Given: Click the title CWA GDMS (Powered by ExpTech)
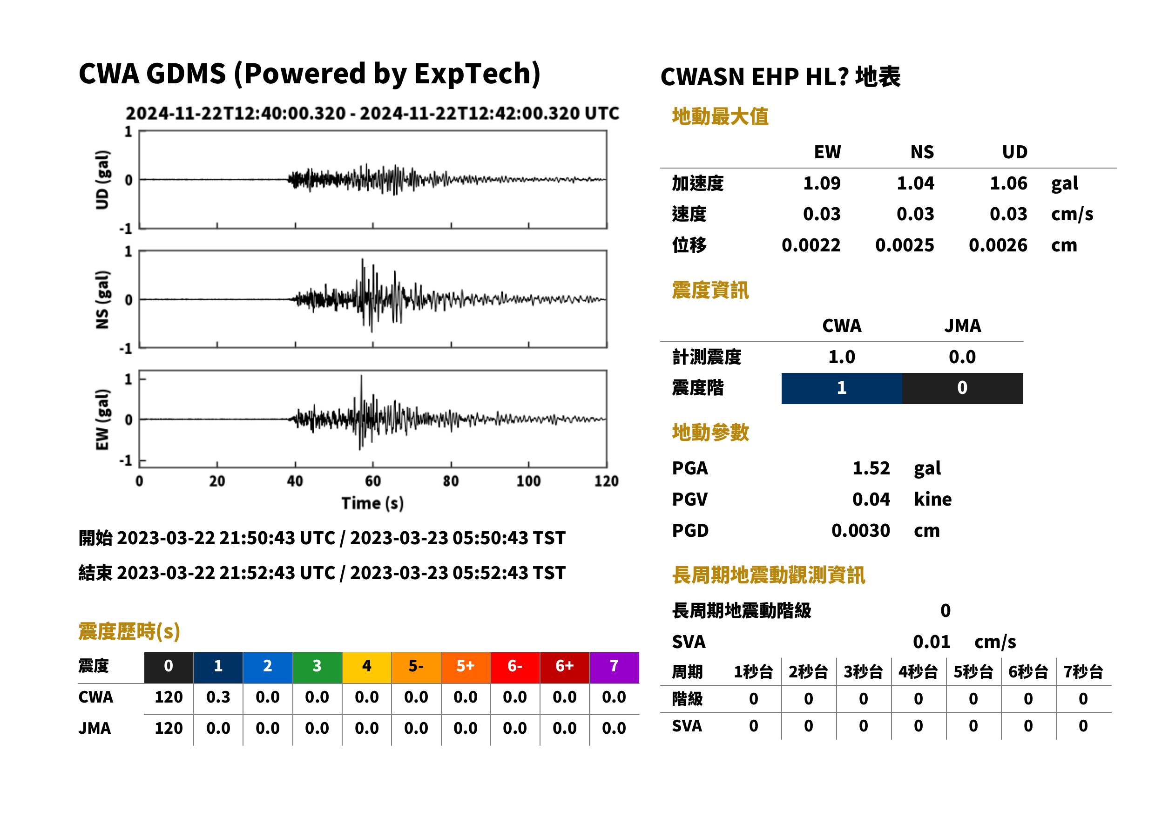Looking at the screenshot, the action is [x=309, y=74].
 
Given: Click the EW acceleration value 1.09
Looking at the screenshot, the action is [x=821, y=183].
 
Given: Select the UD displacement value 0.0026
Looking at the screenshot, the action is [x=998, y=245].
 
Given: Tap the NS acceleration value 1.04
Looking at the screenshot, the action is [x=915, y=183].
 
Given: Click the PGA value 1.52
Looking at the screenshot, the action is [x=871, y=468].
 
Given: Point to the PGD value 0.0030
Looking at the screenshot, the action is [x=860, y=530].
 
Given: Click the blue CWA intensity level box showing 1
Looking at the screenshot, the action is [x=842, y=388].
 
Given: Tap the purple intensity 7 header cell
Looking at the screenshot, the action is [x=614, y=667].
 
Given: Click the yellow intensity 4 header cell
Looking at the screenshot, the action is [x=367, y=667].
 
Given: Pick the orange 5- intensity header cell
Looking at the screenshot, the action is [x=416, y=667].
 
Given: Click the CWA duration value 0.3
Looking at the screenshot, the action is [x=218, y=697].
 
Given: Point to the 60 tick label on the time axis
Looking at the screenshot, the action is [x=373, y=481].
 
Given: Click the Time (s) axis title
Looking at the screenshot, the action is [x=373, y=503].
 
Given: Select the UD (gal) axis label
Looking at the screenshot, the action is [x=102, y=180].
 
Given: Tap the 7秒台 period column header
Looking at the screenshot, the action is [x=1083, y=672].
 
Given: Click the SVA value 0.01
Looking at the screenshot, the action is [x=932, y=642].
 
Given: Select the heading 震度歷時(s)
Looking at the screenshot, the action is [x=129, y=631].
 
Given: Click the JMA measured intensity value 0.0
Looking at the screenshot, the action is [x=962, y=357].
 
